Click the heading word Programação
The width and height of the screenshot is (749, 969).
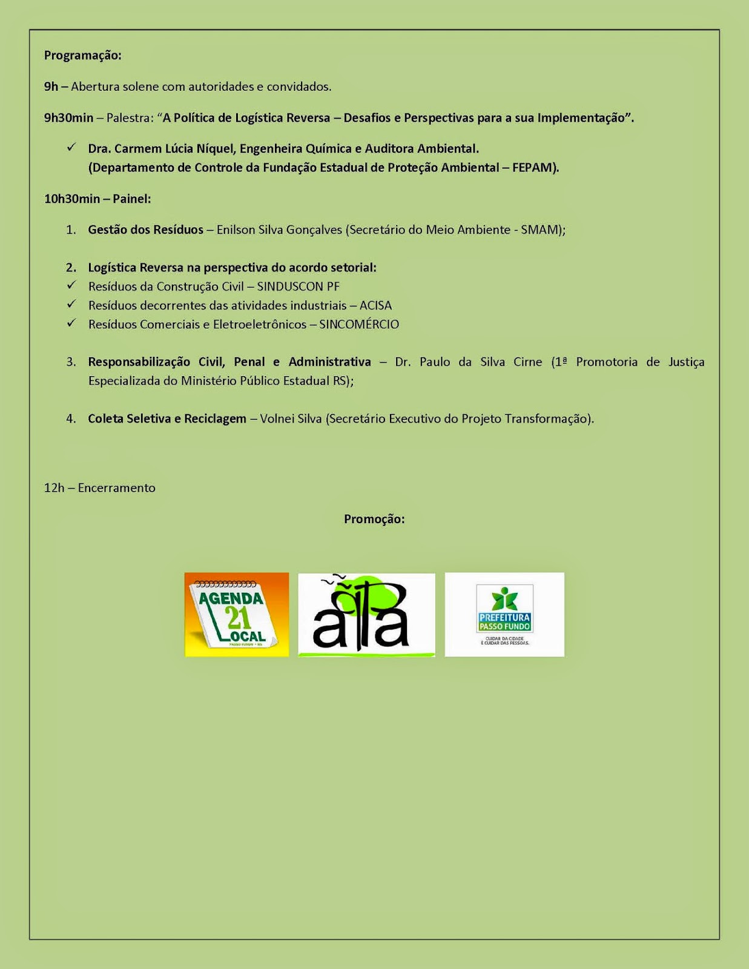click(82, 55)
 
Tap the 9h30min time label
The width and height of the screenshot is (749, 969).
click(68, 117)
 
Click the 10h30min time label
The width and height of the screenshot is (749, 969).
click(72, 199)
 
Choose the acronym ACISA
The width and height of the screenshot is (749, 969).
click(375, 305)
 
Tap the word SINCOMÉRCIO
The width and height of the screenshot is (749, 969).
click(359, 325)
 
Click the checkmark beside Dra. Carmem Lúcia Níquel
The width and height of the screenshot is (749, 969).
click(71, 148)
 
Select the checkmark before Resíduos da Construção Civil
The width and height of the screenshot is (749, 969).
click(71, 286)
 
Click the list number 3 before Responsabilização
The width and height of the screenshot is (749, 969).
click(71, 362)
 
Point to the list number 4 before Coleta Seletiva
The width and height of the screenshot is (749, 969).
click(71, 418)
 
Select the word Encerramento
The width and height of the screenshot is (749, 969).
click(116, 488)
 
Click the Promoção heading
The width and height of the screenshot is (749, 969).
click(374, 519)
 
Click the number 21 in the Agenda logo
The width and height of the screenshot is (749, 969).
click(238, 618)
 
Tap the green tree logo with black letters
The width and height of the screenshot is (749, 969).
click(366, 615)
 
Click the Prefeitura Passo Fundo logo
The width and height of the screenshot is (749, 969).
click(504, 614)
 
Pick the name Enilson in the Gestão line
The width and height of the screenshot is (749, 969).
click(236, 230)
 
